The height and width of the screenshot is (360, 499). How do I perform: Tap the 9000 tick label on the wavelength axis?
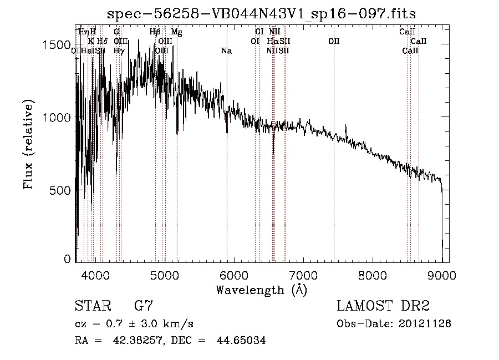point(441,275)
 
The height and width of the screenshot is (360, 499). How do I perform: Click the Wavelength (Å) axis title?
point(261,290)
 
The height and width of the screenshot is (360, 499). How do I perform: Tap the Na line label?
point(226,51)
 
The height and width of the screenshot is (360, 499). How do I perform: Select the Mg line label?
point(176,32)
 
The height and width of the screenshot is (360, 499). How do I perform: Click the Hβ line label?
point(155,32)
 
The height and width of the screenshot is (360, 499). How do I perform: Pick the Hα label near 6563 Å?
point(273,41)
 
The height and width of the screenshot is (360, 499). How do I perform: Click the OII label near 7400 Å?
point(334,41)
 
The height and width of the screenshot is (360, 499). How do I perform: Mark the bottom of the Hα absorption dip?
point(273,154)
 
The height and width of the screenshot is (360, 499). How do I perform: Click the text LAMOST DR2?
point(383,306)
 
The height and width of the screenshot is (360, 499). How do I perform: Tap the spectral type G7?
point(144,306)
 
